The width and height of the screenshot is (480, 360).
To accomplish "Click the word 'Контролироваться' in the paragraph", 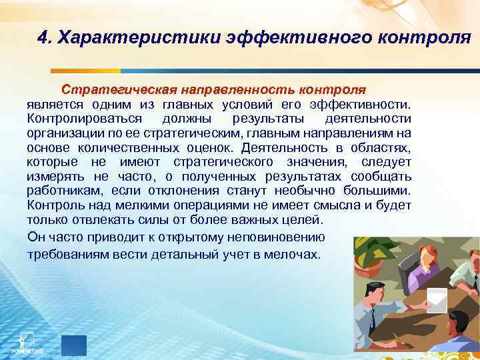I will (x=85, y=118).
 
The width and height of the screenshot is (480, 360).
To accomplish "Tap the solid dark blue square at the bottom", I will (x=74, y=345).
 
